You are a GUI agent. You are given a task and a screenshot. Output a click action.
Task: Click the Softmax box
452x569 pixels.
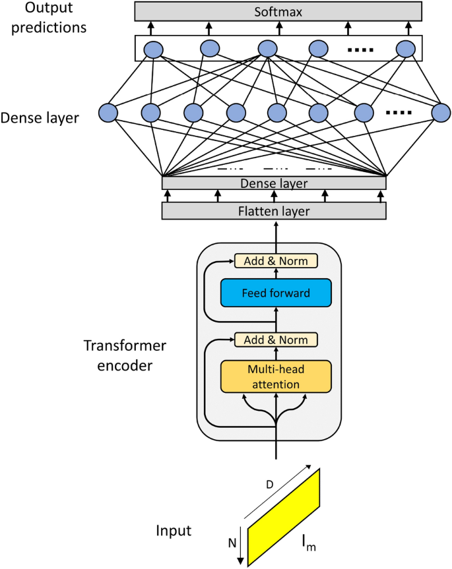278,11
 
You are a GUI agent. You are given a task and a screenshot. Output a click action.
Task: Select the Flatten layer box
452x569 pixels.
273,211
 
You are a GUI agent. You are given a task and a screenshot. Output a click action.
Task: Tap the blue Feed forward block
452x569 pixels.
275,293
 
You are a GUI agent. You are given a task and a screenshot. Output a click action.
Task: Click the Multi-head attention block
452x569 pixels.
275,376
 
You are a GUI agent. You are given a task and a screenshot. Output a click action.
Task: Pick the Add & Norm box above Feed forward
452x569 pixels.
276,261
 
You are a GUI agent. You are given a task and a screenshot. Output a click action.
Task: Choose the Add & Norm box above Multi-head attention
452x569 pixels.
276,340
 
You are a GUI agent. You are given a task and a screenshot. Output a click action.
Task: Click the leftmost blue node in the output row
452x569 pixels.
153,49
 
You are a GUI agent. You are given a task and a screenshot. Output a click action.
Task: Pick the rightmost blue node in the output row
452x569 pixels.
405,49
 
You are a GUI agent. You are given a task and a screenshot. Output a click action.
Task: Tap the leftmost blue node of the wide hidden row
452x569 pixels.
108,113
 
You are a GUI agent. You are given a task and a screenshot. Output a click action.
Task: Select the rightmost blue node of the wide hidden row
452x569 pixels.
441,113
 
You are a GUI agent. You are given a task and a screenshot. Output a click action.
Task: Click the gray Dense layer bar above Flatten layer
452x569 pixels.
273,183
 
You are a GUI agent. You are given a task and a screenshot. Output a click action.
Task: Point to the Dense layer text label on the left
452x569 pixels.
40,119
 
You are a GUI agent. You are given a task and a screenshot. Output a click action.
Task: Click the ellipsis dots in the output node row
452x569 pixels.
360,49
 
